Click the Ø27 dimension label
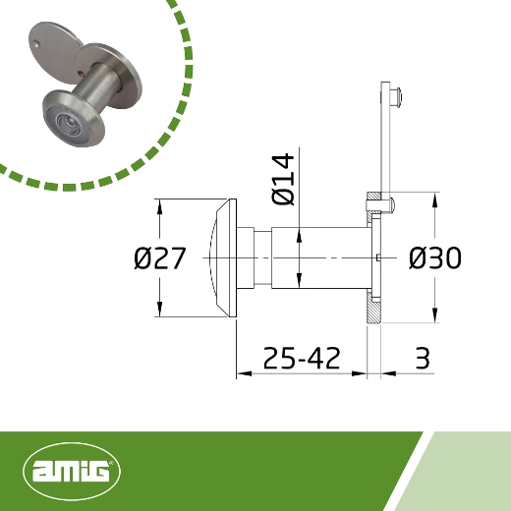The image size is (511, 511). [x=159, y=259]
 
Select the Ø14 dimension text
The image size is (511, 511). [x=285, y=179]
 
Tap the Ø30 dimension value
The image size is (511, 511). [x=434, y=258]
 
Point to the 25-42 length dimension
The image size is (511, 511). [x=302, y=358]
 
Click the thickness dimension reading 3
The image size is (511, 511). [x=423, y=358]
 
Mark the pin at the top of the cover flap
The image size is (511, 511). [x=393, y=96]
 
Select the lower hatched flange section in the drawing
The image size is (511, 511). [x=373, y=310]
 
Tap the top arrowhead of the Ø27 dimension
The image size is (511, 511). [x=157, y=204]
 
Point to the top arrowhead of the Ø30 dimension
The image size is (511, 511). [x=433, y=197]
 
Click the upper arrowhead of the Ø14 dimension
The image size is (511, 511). [x=299, y=232]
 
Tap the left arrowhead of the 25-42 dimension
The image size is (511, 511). [x=240, y=373]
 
